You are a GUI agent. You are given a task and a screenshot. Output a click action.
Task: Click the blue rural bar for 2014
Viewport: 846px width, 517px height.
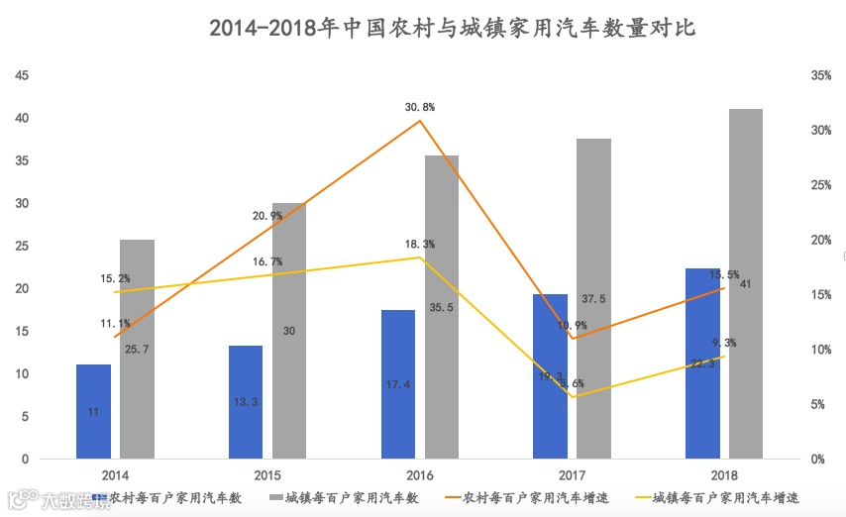(x=93, y=411)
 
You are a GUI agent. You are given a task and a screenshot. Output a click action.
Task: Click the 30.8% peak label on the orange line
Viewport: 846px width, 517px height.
(x=420, y=106)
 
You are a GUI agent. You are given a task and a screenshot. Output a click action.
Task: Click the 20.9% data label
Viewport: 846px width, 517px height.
(x=267, y=216)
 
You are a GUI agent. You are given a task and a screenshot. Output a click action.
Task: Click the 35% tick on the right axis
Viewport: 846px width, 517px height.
(x=819, y=76)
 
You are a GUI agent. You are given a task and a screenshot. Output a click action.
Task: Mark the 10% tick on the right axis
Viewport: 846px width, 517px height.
(x=819, y=350)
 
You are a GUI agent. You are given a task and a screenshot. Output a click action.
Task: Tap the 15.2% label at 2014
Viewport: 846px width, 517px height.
(x=115, y=279)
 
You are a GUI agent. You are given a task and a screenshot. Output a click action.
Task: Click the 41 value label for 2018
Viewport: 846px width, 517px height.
(x=745, y=284)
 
